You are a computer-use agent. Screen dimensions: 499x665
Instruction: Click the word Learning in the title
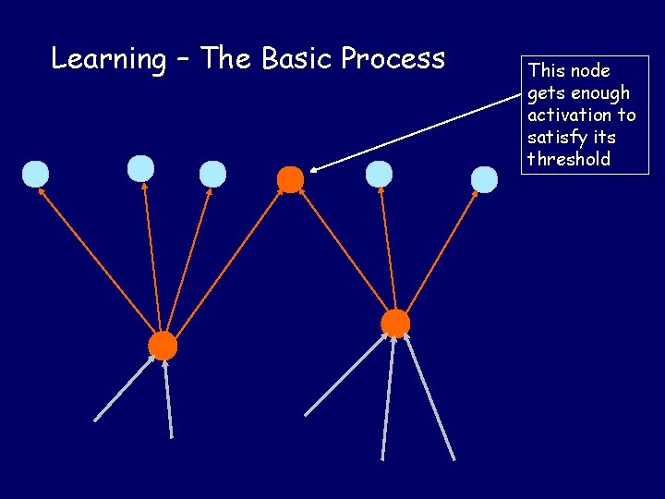[107, 59]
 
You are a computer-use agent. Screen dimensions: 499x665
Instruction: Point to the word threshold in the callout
[569, 159]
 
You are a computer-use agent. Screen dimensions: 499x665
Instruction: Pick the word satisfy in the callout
[556, 137]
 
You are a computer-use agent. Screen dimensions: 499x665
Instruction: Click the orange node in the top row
[290, 179]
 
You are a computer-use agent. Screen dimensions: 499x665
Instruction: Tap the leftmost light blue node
[35, 174]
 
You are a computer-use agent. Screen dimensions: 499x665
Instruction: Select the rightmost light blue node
[484, 179]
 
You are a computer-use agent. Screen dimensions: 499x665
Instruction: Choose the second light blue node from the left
[140, 168]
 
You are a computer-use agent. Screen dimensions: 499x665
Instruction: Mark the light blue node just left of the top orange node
[212, 174]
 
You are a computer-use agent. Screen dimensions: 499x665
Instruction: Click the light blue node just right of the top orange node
[379, 174]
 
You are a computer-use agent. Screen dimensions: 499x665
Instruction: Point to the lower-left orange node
[163, 346]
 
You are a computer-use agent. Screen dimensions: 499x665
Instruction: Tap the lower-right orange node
[395, 323]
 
